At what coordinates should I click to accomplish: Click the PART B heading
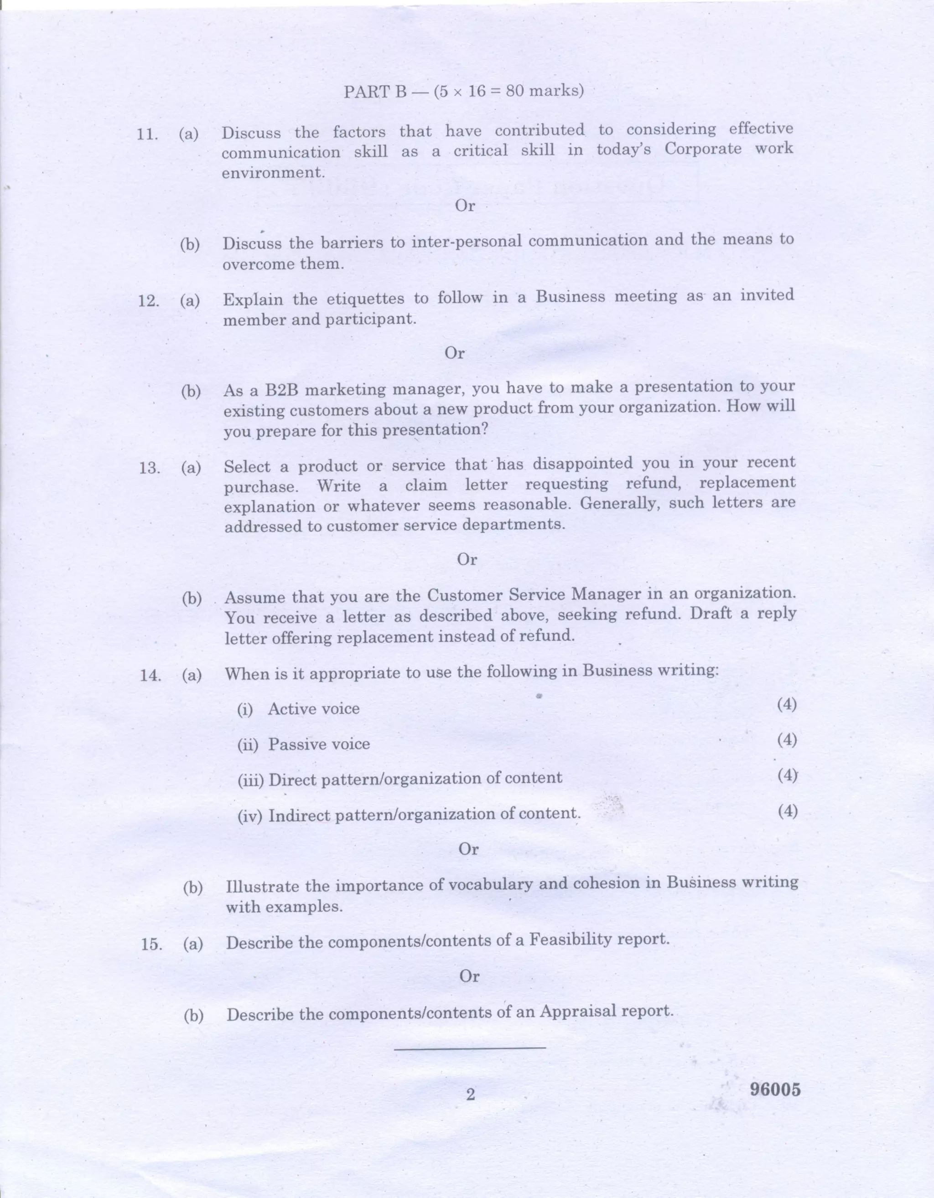(463, 91)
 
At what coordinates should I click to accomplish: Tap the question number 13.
(149, 468)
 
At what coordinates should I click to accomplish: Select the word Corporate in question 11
(702, 149)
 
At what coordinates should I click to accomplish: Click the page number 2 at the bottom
(470, 1095)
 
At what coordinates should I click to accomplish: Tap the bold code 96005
(775, 1090)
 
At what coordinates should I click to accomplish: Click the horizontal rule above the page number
(470, 1049)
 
